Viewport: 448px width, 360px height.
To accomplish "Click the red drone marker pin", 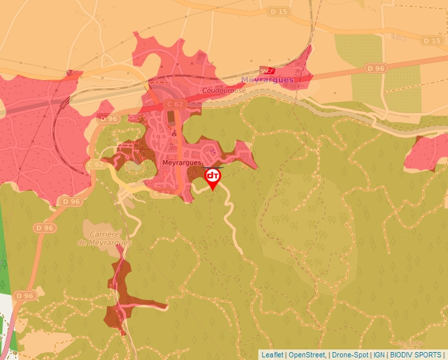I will [x=213, y=178].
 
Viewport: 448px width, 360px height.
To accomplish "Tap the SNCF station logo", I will [x=267, y=70].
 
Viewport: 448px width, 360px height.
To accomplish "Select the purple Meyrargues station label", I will [x=267, y=80].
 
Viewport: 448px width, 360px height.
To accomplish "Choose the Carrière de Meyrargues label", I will [x=105, y=238].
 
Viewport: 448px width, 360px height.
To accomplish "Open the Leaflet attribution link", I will [x=272, y=355].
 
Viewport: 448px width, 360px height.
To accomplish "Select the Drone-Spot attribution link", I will [x=349, y=355].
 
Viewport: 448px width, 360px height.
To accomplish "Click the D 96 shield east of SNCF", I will [x=376, y=68].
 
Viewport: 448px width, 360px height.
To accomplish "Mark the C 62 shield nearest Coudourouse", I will [x=175, y=104].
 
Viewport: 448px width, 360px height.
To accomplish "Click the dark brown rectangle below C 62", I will [x=175, y=119].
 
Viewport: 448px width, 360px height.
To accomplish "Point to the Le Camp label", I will [x=408, y=343].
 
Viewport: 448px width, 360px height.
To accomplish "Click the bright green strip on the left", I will [x=6, y=250].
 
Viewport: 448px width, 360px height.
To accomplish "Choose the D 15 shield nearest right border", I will [x=432, y=41].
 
